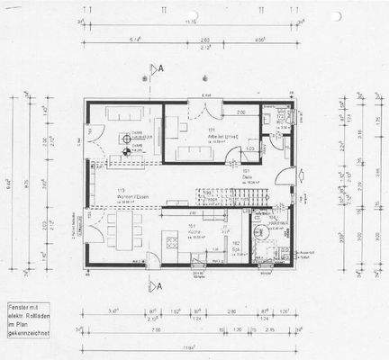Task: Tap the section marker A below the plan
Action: point(158,286)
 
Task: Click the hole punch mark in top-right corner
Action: point(335,16)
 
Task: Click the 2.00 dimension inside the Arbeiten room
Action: point(240,112)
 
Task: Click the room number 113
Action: point(119,190)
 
